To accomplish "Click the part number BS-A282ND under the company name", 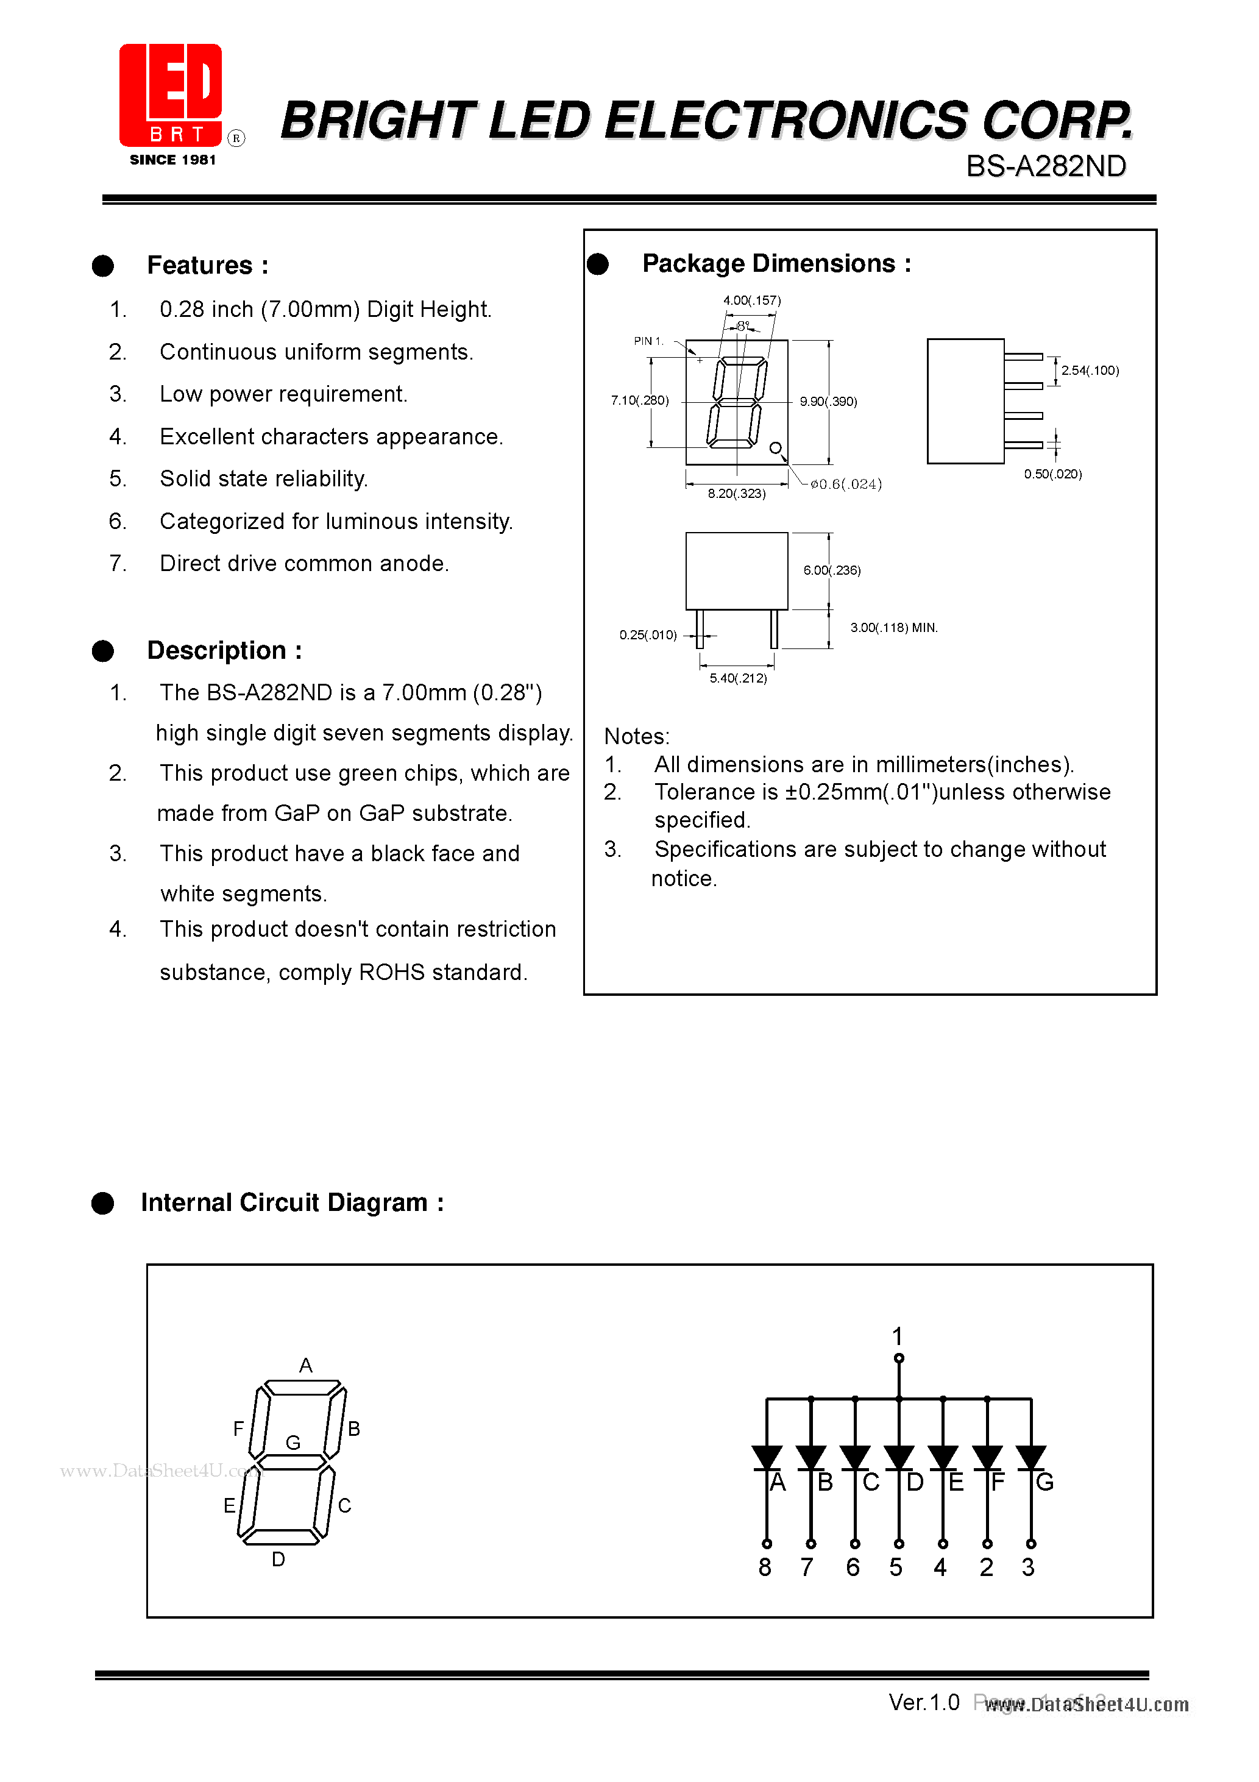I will [1046, 166].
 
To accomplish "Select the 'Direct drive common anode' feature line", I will [304, 564].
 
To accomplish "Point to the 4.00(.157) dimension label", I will [751, 300].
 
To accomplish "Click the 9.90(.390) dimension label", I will [828, 401].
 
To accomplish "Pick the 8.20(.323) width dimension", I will [736, 494].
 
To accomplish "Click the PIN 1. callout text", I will [648, 341].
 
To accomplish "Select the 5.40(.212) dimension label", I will [737, 678].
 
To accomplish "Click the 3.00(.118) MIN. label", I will [893, 627].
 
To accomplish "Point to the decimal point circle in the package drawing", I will [775, 448].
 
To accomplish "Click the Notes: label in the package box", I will [636, 736].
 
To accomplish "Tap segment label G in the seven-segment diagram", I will [293, 1442].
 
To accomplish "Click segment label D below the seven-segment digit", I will [278, 1558].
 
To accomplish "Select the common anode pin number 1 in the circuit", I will [897, 1336].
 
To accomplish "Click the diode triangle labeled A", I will [766, 1457].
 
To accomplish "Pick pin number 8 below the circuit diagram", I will [765, 1567].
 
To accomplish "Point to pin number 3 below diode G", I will [1027, 1567].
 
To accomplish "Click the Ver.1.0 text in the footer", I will [924, 1702].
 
